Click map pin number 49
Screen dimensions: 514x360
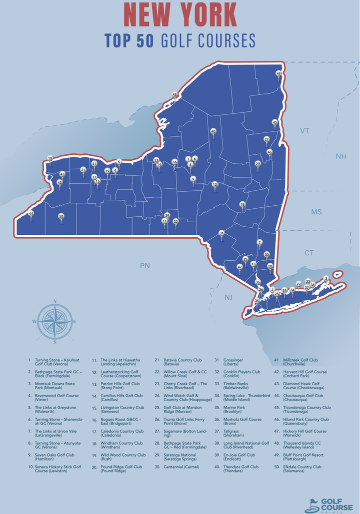(278, 74)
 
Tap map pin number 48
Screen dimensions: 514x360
(174, 94)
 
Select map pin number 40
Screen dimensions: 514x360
(213, 131)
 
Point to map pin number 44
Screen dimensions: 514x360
(31, 214)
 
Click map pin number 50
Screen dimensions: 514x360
(61, 216)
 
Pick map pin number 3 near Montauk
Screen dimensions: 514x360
(326, 279)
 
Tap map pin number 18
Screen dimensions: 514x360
(242, 204)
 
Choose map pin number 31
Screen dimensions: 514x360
(221, 233)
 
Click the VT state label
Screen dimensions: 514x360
(304, 131)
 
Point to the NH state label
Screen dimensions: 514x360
(341, 157)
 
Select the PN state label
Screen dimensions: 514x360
(144, 266)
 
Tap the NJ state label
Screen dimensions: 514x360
(228, 297)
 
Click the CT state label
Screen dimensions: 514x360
(309, 253)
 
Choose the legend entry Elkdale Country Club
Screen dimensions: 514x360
(297, 469)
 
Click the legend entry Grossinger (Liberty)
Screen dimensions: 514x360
(233, 362)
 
